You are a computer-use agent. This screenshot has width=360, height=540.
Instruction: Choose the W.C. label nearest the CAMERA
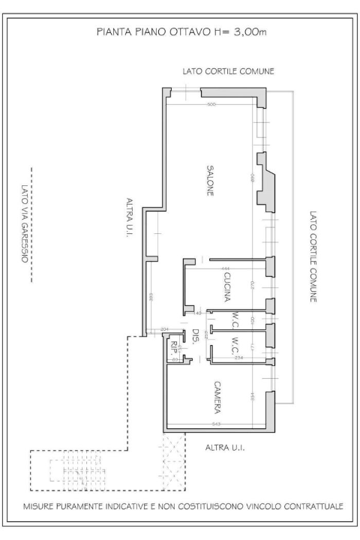click(x=235, y=346)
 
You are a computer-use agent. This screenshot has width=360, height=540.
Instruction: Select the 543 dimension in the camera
click(x=216, y=424)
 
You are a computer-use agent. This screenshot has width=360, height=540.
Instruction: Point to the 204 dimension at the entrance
click(x=166, y=329)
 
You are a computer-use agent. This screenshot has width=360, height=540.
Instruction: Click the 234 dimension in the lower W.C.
click(x=238, y=358)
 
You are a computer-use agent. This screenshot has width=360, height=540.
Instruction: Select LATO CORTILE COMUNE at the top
click(x=229, y=71)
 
